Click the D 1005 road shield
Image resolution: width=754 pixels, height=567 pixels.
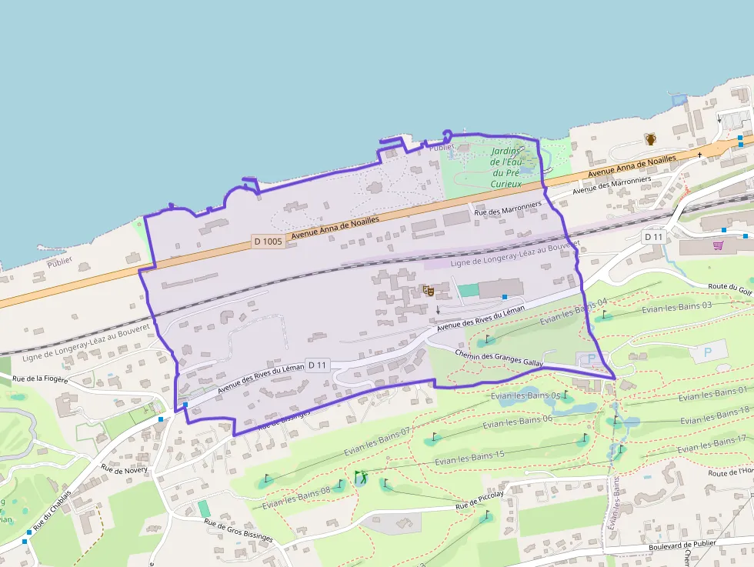(268, 241)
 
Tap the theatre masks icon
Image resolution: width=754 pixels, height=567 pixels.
(429, 291)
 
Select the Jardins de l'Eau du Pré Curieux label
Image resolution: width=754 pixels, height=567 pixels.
(506, 168)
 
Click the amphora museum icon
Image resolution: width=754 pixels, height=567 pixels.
(651, 139)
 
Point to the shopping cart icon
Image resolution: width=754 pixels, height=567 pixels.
(718, 245)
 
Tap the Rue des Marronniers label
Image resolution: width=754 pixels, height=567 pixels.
(509, 208)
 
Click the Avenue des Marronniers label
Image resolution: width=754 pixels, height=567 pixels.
(612, 185)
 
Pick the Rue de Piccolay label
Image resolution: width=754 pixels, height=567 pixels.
(479, 501)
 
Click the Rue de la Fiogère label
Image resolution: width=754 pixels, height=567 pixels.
(41, 379)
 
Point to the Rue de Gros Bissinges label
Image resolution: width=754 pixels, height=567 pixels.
(239, 531)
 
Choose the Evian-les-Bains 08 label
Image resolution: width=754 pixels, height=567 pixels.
(296, 497)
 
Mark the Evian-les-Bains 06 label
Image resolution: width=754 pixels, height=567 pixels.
(518, 422)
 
